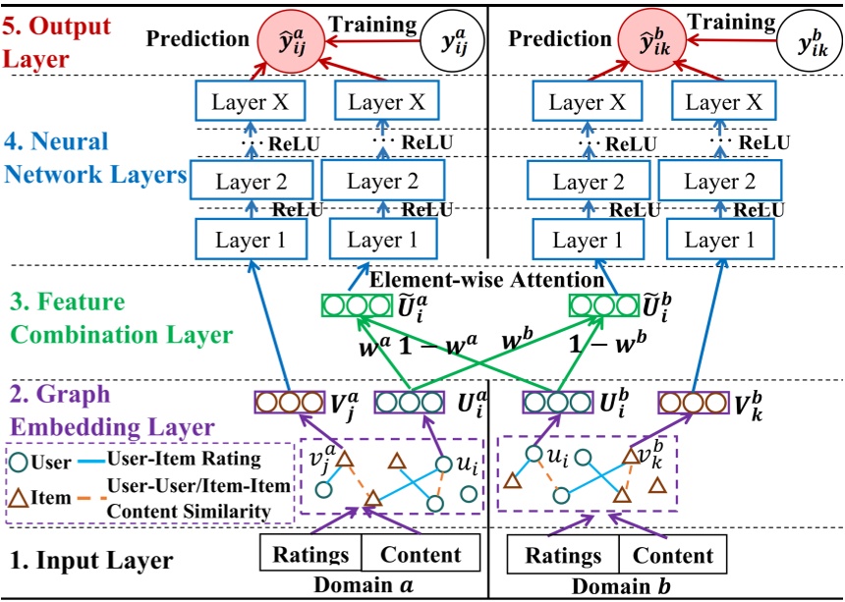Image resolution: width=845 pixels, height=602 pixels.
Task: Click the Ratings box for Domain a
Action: click(x=310, y=553)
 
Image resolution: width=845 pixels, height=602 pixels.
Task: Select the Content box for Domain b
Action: click(x=672, y=554)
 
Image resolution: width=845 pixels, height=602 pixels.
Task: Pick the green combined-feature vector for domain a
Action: click(x=357, y=306)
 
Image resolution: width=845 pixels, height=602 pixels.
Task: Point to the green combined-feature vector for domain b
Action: click(x=604, y=306)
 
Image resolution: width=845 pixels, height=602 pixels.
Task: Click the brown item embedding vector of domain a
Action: click(x=290, y=403)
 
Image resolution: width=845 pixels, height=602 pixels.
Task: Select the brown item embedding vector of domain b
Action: click(x=694, y=403)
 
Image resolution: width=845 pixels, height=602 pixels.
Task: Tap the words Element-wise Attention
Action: click(x=486, y=280)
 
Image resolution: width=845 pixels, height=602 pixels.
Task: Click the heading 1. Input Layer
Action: click(x=91, y=560)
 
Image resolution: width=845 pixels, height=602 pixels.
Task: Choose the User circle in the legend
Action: click(x=20, y=462)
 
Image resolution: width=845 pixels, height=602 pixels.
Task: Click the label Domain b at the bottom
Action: click(x=621, y=586)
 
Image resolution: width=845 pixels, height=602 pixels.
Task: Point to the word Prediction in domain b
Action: click(x=560, y=38)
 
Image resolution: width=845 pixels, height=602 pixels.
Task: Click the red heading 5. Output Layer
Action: click(x=57, y=42)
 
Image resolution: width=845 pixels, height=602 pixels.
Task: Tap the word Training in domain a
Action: click(x=373, y=25)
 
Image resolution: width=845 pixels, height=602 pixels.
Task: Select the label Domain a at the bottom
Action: click(x=364, y=585)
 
